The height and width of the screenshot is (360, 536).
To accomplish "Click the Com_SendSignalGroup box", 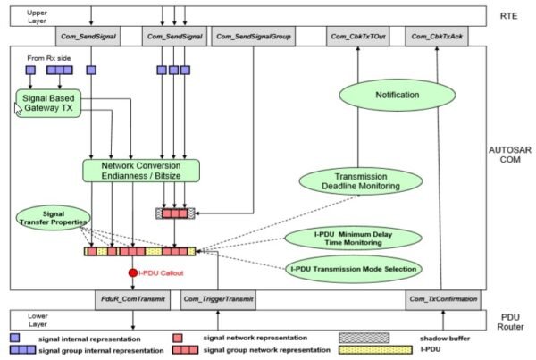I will point(255,36).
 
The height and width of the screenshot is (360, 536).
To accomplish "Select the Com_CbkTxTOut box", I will point(356,36).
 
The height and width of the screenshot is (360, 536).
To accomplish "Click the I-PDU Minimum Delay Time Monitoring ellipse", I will point(350,238).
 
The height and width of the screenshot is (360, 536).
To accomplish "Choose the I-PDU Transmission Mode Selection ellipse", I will point(354,268).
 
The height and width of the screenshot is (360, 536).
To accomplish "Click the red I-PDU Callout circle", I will point(132,272).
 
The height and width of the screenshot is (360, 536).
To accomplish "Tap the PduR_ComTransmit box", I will point(132,299).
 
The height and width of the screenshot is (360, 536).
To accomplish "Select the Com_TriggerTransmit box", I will point(219,299).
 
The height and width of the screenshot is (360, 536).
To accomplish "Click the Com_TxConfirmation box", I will point(441,299).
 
